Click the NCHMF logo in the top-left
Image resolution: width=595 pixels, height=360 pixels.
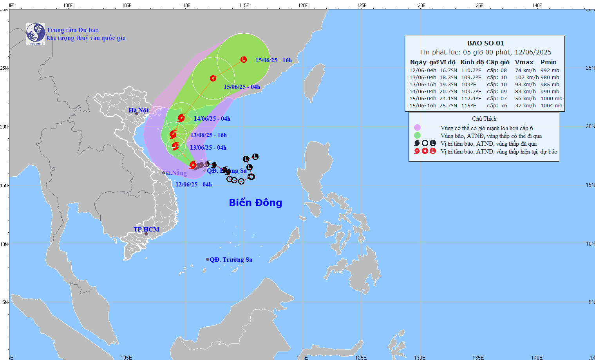click(x=35, y=34)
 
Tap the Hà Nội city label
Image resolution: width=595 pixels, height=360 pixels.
click(x=139, y=110)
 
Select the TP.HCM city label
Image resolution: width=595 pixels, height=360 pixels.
click(x=146, y=230)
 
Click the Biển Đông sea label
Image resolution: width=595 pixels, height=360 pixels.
click(x=255, y=203)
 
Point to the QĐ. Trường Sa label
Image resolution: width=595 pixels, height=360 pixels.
click(x=231, y=260)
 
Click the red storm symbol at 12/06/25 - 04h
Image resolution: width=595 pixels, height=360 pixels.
click(x=193, y=165)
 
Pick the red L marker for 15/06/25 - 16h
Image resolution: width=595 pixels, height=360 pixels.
click(x=244, y=60)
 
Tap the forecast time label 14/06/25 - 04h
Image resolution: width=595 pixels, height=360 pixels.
click(x=212, y=119)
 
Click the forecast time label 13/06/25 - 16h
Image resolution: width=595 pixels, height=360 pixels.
click(x=208, y=135)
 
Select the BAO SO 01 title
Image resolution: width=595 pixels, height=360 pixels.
click(x=486, y=43)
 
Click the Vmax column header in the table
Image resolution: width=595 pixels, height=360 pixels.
click(x=524, y=62)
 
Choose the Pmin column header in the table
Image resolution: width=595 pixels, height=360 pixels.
click(x=548, y=62)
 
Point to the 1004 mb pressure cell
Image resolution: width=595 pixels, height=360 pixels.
click(x=552, y=106)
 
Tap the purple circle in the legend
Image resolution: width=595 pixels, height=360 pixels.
click(x=417, y=128)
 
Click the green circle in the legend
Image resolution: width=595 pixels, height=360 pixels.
click(x=417, y=136)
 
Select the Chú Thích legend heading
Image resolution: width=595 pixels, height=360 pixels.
click(x=484, y=119)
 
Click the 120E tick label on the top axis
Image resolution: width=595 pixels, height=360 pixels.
click(x=303, y=5)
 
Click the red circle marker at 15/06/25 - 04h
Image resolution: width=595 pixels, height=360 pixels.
click(x=213, y=78)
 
